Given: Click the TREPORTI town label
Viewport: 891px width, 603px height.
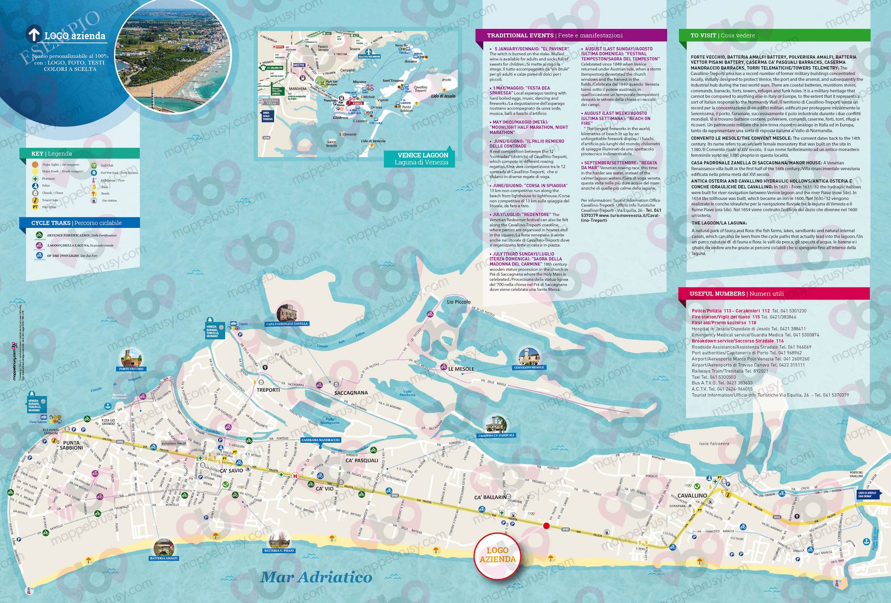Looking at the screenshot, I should pos(268,390).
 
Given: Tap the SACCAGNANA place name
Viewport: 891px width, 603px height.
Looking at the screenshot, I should pos(351,393).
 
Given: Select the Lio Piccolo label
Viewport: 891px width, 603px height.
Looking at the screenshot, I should pos(458,302).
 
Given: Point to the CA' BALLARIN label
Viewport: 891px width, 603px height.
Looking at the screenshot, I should pos(490,497).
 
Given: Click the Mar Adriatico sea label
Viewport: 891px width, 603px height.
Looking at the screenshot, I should pos(316,577).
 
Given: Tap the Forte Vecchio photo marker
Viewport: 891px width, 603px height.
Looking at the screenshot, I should pos(131,358).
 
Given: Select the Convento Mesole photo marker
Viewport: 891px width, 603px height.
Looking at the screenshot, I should pos(529,357).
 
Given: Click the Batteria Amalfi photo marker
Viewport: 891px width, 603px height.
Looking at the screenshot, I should pos(163,547).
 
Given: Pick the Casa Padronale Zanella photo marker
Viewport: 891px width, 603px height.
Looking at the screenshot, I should pos(287,313).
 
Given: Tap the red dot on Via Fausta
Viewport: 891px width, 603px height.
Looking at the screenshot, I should pos(547,526).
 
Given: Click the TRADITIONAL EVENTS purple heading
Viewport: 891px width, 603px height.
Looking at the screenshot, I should pos(555,35).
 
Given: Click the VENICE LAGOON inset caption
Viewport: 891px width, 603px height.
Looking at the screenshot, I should pos(422,158).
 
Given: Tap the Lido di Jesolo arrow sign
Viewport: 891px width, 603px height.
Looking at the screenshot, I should pos(868,494).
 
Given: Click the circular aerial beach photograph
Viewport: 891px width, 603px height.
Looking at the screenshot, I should pos(173,54).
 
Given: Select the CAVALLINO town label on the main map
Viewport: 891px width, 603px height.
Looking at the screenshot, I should pos(692,495).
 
